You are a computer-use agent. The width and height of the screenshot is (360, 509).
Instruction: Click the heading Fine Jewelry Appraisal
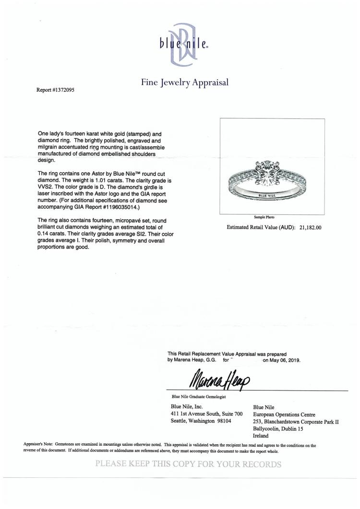(185, 82)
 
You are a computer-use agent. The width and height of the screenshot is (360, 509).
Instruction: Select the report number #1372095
(56, 89)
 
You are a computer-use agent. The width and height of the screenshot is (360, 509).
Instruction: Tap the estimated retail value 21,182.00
(309, 228)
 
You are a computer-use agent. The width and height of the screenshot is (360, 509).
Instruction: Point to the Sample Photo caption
(273, 217)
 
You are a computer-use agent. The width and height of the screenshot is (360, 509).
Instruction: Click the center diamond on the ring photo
(272, 173)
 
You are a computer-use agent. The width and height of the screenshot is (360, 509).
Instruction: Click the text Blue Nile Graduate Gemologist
(200, 396)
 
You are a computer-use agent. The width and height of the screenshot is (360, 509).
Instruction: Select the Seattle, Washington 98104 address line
(202, 421)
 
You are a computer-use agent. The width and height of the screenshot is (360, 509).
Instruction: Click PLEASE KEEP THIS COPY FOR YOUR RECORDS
(188, 464)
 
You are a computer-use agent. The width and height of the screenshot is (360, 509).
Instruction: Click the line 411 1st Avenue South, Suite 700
(206, 414)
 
